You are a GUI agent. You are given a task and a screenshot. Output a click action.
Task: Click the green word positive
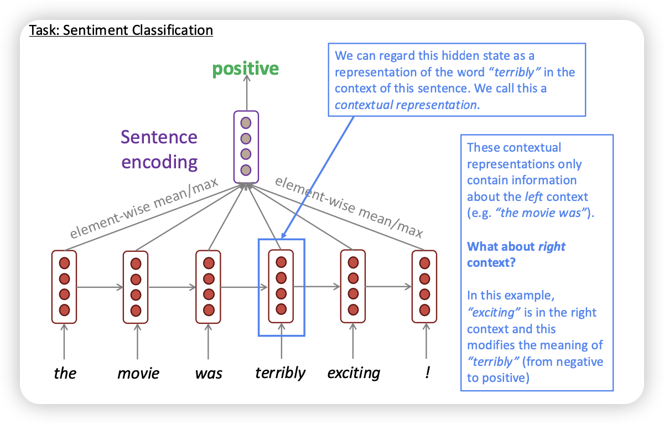(246, 69)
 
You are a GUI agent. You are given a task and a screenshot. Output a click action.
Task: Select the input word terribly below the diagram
(280, 373)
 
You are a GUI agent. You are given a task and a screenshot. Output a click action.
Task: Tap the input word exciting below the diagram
(354, 373)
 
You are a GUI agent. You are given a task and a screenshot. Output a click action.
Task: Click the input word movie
(138, 373)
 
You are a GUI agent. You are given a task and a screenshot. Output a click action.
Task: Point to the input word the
(65, 373)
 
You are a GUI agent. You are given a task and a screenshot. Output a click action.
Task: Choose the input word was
(209, 373)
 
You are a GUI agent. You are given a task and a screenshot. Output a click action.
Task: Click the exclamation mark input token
(427, 372)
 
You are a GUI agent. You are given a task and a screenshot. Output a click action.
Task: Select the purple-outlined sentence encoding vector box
(246, 146)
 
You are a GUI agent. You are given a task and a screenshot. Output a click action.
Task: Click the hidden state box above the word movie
(136, 286)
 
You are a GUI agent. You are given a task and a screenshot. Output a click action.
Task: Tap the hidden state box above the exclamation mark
(425, 286)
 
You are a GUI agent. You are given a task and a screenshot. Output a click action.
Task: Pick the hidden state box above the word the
(64, 286)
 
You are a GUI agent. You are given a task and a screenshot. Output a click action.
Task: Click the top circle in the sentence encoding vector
(246, 122)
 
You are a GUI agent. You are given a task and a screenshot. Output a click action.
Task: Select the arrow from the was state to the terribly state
(245, 287)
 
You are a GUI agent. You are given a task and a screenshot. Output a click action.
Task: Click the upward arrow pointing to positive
(246, 94)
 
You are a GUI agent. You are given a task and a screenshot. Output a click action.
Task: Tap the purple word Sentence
(159, 137)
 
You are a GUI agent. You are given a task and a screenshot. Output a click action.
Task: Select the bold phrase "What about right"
(516, 246)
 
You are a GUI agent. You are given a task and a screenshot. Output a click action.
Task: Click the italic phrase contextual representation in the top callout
(406, 104)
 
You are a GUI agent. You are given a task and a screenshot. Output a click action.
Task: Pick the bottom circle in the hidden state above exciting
(352, 309)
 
